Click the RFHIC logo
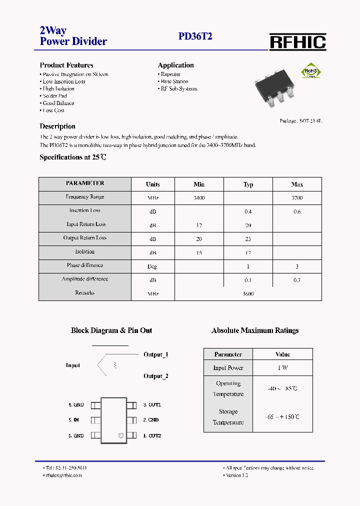(298, 42)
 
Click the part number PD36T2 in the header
(195, 36)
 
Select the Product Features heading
(66, 65)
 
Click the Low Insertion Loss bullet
(63, 81)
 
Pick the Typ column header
(248, 184)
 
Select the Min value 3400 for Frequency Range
(199, 198)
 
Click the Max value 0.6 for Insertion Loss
(297, 211)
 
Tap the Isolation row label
(84, 252)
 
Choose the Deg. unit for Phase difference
(152, 266)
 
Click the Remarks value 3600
(248, 294)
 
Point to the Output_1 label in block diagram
(156, 354)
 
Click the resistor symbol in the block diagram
(116, 365)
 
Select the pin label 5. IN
(74, 420)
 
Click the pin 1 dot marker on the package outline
(120, 436)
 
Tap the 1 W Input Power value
(282, 368)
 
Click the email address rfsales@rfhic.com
(63, 475)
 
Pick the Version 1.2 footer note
(237, 475)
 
